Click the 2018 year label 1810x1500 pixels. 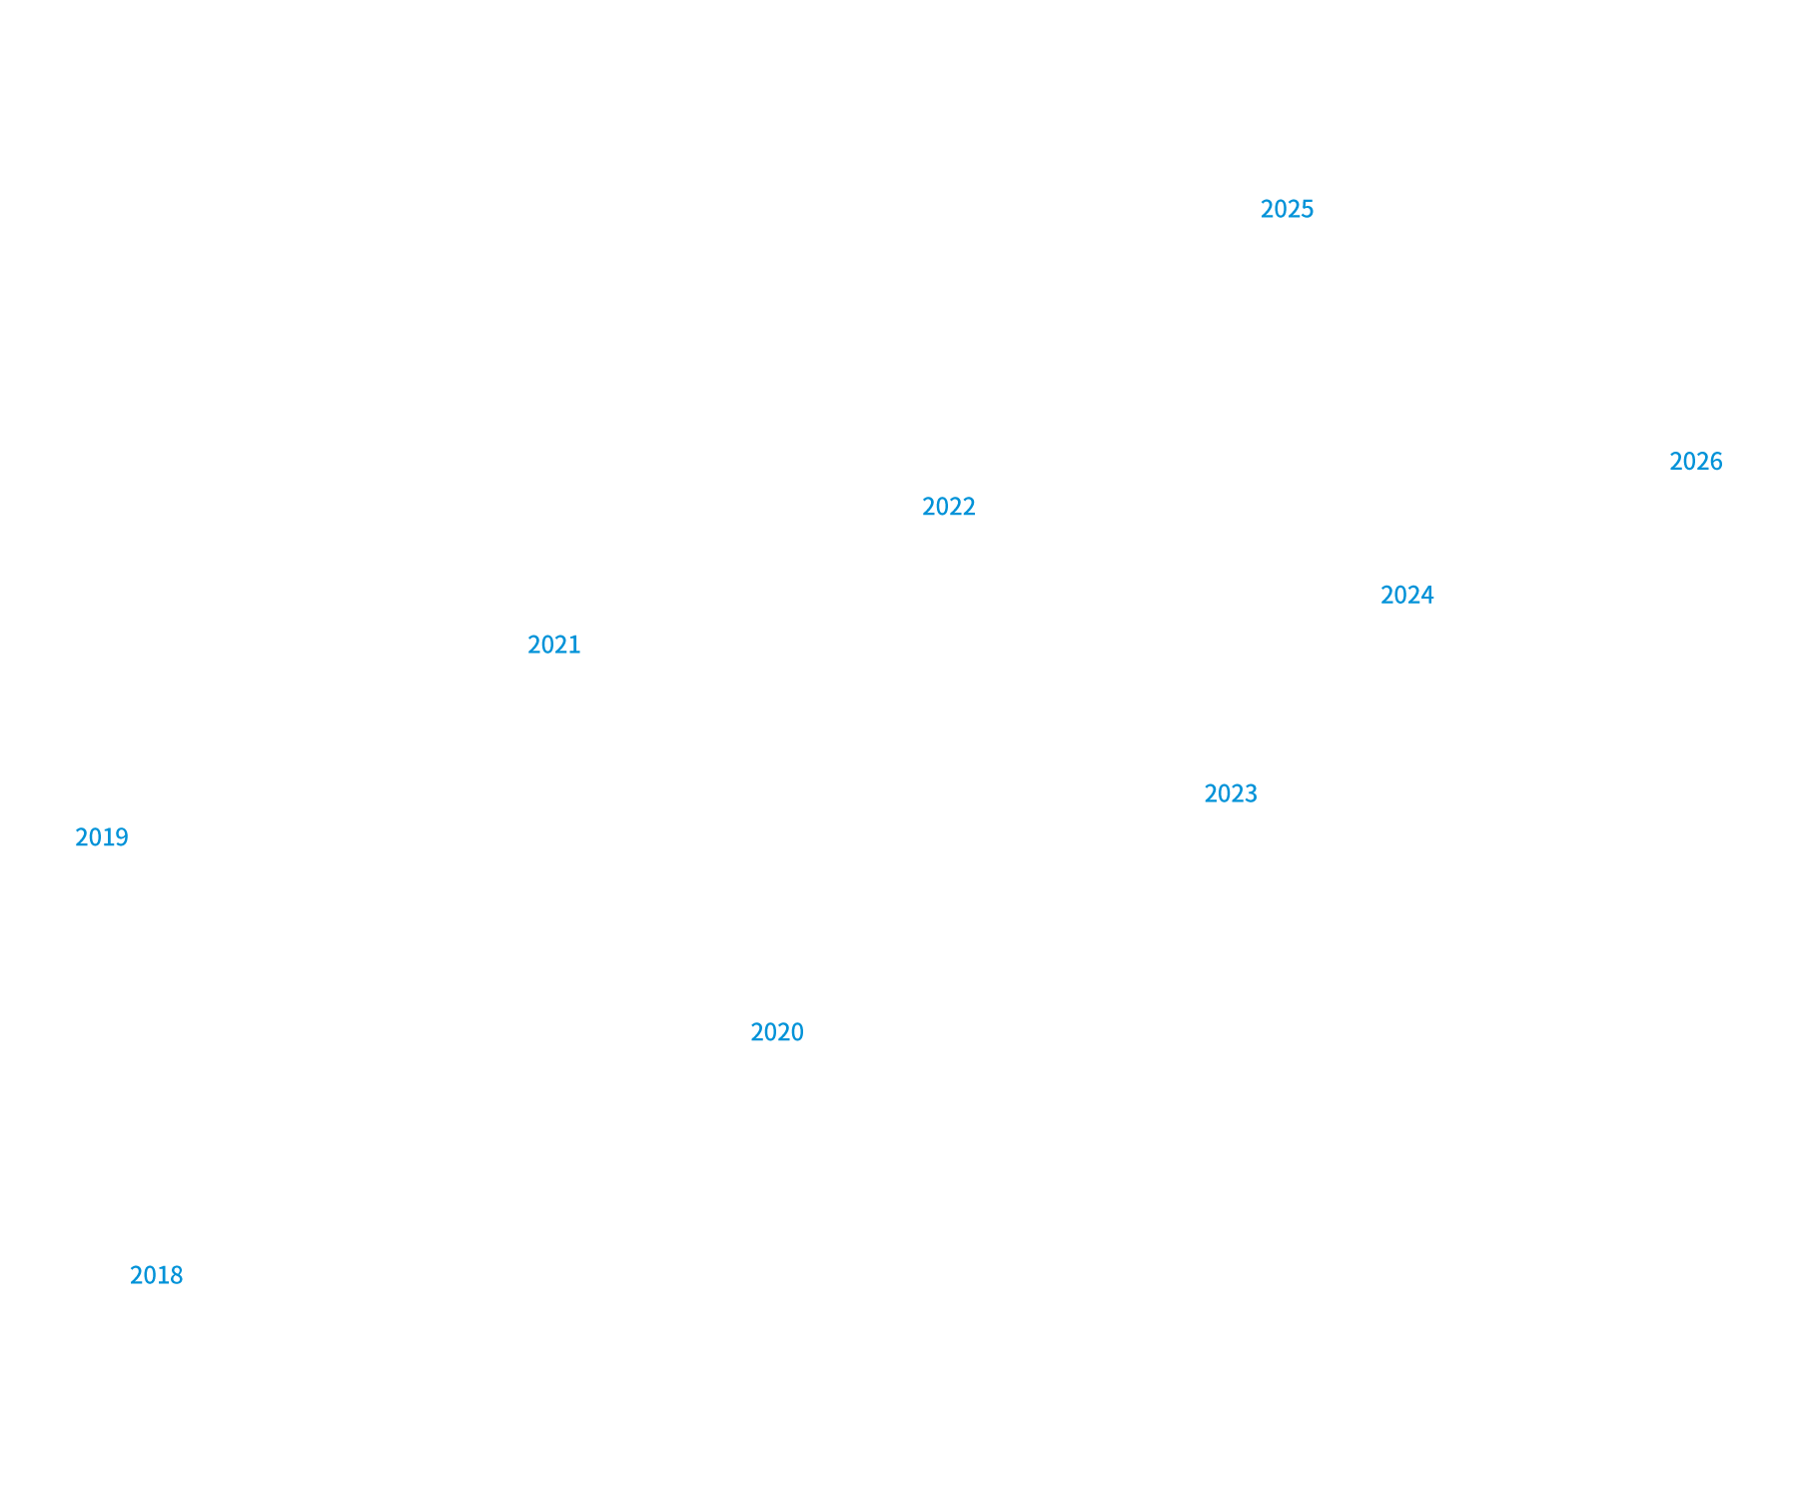click(x=156, y=1275)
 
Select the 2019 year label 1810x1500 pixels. click(x=101, y=837)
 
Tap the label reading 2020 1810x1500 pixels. click(x=776, y=1032)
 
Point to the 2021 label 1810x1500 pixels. click(x=553, y=645)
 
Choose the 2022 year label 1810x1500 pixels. click(x=948, y=507)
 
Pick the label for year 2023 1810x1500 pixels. click(x=1230, y=793)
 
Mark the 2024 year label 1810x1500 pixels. click(x=1406, y=596)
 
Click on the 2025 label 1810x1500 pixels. click(x=1287, y=209)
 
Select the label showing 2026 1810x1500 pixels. click(x=1695, y=462)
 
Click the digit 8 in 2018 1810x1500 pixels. click(x=177, y=1275)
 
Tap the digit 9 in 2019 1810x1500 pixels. click(x=122, y=837)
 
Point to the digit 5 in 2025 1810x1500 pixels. click(x=1308, y=209)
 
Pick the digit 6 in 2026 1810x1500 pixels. click(x=1716, y=462)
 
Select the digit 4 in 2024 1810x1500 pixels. click(x=1427, y=596)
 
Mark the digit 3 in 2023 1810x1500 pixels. click(x=1251, y=793)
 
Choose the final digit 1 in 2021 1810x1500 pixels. click(x=574, y=645)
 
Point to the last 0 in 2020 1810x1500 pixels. click(x=797, y=1032)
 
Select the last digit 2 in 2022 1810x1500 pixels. click(x=969, y=507)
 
